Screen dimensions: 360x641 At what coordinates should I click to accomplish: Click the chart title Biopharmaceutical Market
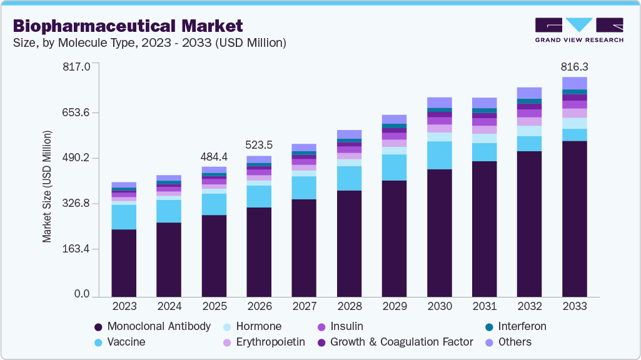(127, 26)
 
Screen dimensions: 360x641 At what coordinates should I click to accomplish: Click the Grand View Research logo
(578, 29)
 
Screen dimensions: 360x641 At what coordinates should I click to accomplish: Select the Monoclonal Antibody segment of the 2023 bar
(124, 262)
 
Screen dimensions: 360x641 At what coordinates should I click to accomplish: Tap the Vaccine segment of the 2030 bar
(439, 155)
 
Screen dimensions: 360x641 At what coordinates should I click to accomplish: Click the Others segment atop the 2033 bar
(574, 83)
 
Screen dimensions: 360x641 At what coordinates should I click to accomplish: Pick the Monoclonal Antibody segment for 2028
(349, 243)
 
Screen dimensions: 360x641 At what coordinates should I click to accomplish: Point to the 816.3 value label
(574, 67)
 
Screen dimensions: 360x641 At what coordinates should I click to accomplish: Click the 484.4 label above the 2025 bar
(214, 156)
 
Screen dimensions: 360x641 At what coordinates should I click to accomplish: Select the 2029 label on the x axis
(394, 306)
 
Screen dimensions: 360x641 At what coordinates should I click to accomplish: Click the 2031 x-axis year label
(484, 306)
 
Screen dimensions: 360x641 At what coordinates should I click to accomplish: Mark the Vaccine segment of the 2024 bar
(169, 211)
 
